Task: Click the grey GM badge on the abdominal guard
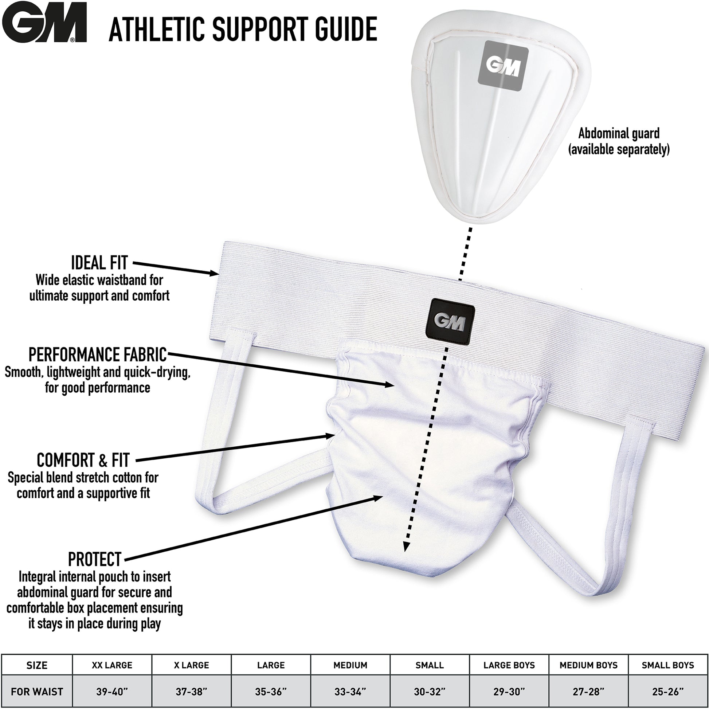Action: coord(503,66)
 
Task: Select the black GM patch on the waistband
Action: coord(450,321)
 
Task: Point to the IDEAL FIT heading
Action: coord(99,262)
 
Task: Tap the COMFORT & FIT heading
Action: coord(83,460)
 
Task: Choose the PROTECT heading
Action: coord(95,560)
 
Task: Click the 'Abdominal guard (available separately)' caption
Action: coord(619,141)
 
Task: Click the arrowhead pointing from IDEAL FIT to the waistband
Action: coord(214,273)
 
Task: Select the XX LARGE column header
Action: coord(112,665)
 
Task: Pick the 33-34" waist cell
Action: coord(350,692)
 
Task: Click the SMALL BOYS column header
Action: coord(668,665)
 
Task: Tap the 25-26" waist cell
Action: coord(668,692)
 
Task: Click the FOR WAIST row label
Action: coord(37,692)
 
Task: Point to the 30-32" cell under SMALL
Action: coord(430,692)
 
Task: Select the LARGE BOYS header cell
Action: coord(509,665)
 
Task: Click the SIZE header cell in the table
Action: coord(37,665)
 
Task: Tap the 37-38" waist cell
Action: coord(191,692)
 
